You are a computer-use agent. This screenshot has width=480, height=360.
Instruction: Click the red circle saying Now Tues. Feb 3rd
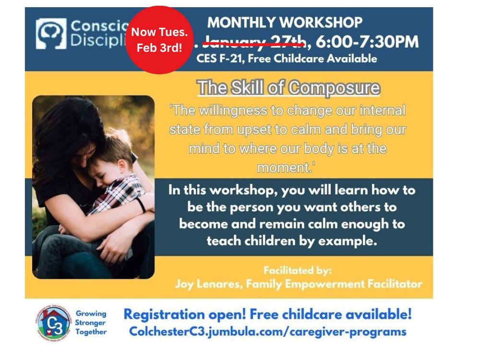click(x=159, y=40)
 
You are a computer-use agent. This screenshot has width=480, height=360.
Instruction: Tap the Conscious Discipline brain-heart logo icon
click(x=51, y=34)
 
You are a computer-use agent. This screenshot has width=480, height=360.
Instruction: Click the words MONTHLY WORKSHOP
click(x=285, y=22)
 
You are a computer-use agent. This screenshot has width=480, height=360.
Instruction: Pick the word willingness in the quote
click(x=232, y=110)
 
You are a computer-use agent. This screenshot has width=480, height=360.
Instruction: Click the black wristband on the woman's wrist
click(x=141, y=205)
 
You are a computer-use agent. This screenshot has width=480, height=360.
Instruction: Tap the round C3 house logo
click(x=53, y=324)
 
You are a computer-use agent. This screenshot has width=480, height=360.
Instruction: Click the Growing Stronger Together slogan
click(x=91, y=323)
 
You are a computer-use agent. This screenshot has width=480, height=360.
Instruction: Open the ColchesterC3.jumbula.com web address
click(x=267, y=332)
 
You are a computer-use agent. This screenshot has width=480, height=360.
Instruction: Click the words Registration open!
click(x=185, y=314)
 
